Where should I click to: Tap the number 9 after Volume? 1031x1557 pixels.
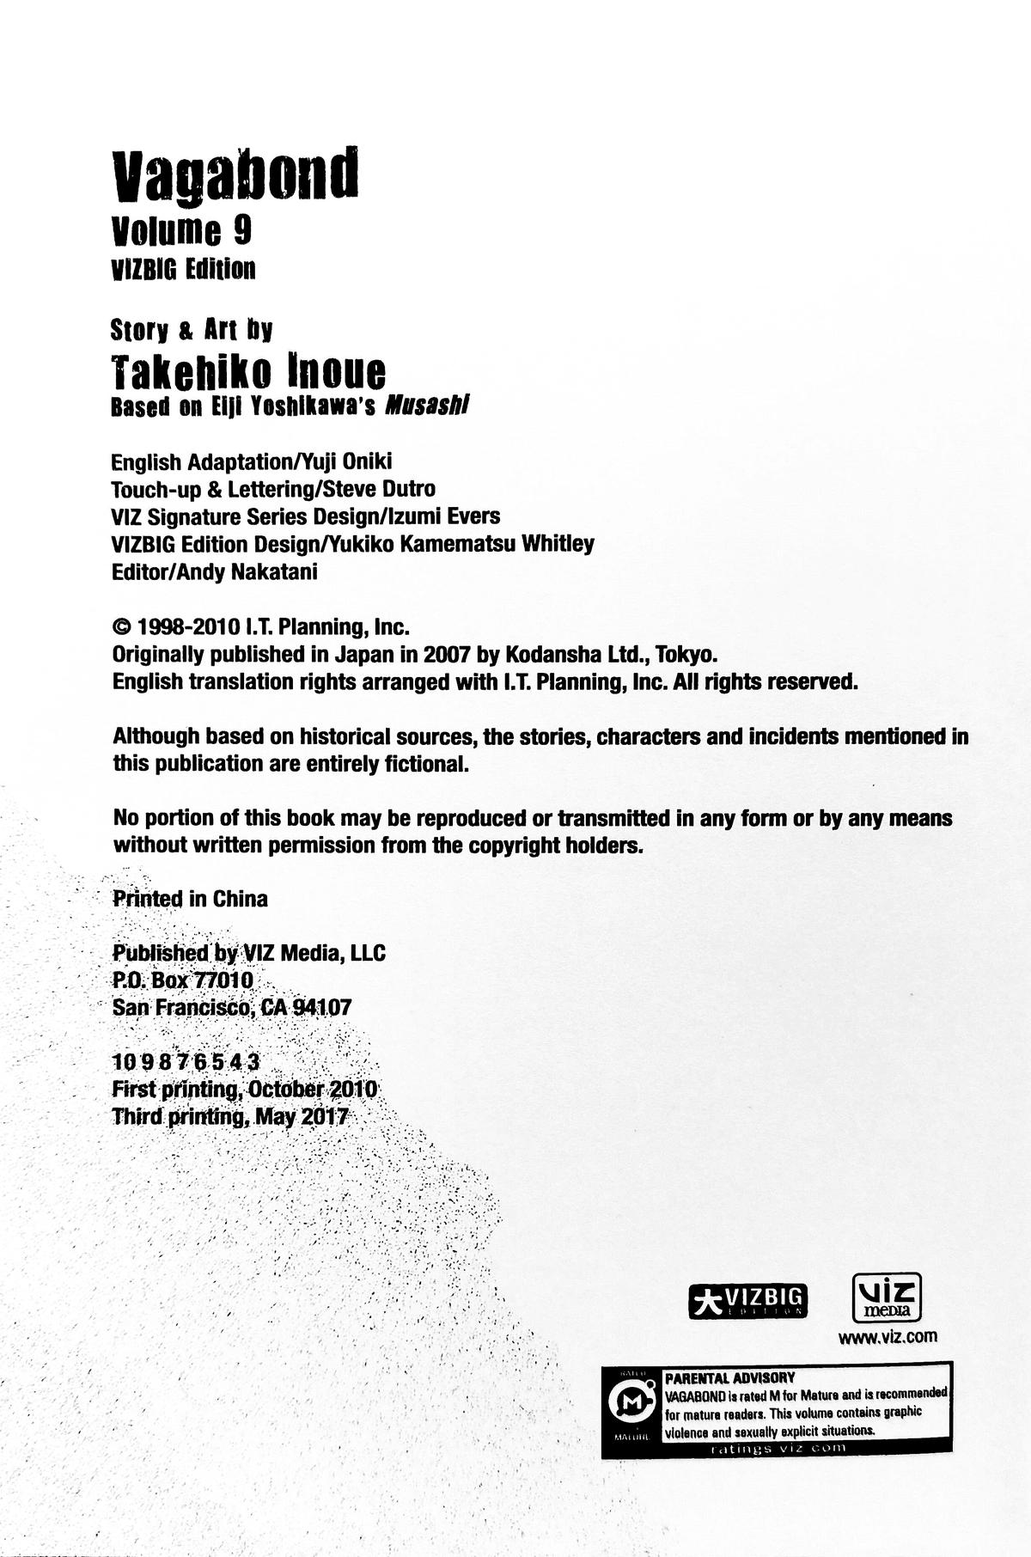[x=241, y=230]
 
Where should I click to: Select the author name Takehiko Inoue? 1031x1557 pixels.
[x=249, y=372]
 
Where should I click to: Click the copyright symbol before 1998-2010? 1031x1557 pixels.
[x=122, y=627]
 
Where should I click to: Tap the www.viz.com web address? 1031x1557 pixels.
[x=888, y=1336]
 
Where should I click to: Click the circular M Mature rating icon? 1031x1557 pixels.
[x=631, y=1404]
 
